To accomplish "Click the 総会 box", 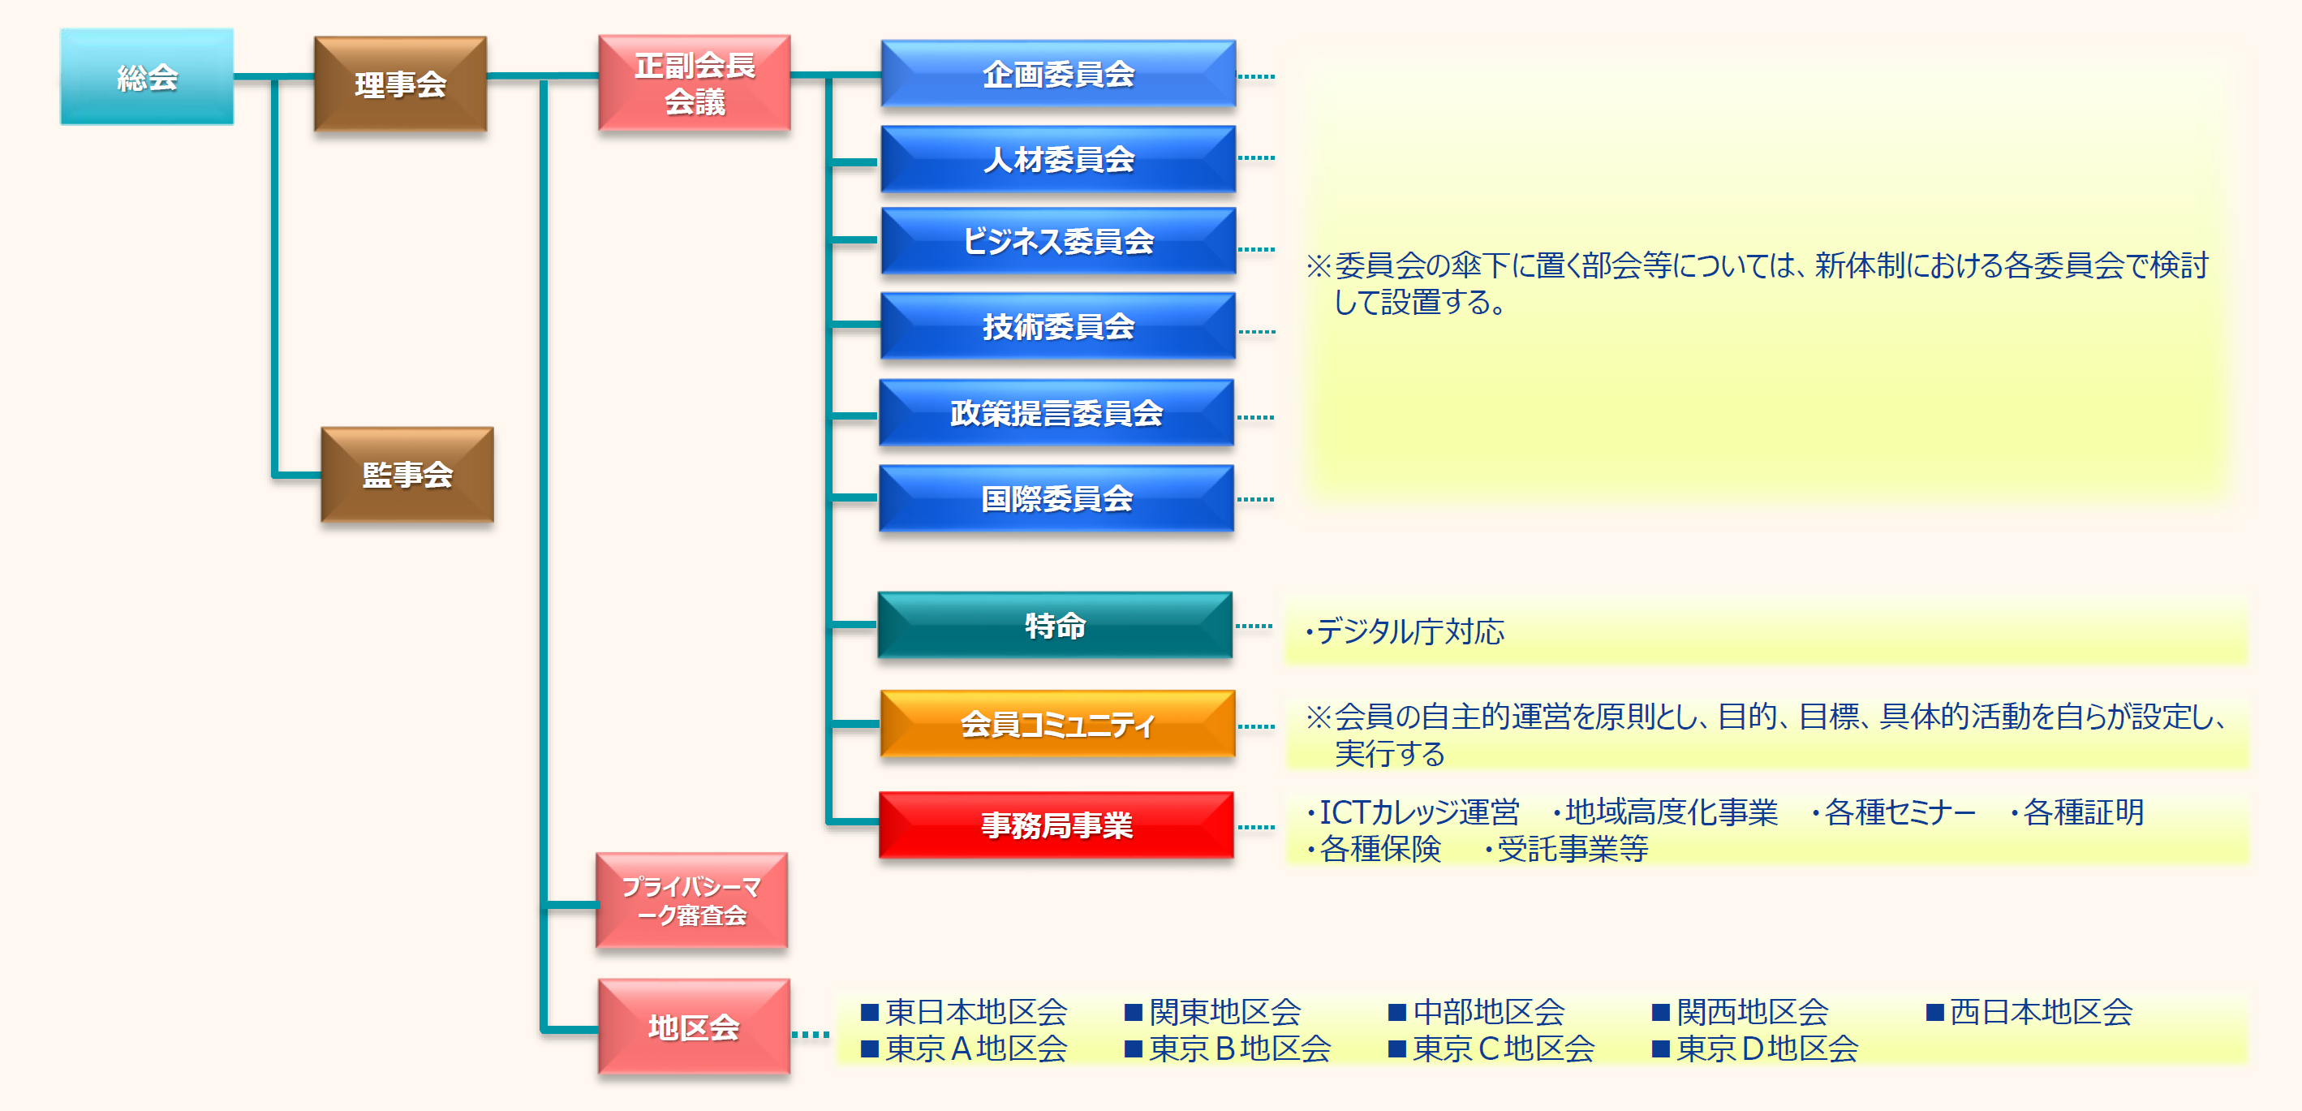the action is pyautogui.click(x=147, y=77).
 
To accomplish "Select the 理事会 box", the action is pyautogui.click(x=400, y=84).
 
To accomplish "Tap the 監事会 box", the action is pyautogui.click(x=407, y=475).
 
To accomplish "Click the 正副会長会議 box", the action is pyautogui.click(x=695, y=83).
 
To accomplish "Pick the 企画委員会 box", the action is pyautogui.click(x=1058, y=73).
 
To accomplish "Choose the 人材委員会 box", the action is pyautogui.click(x=1058, y=159).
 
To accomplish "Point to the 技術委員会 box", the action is pyautogui.click(x=1058, y=326).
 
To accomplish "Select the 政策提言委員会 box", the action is pyautogui.click(x=1056, y=413).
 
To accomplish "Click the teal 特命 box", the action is pyautogui.click(x=1056, y=626).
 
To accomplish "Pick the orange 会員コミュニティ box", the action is pyautogui.click(x=1058, y=724).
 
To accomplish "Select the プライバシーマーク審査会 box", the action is pyautogui.click(x=691, y=901).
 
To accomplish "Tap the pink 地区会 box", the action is pyautogui.click(x=695, y=1027).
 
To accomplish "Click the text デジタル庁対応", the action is pyautogui.click(x=1409, y=632).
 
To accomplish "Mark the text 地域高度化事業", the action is pyautogui.click(x=1671, y=812).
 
